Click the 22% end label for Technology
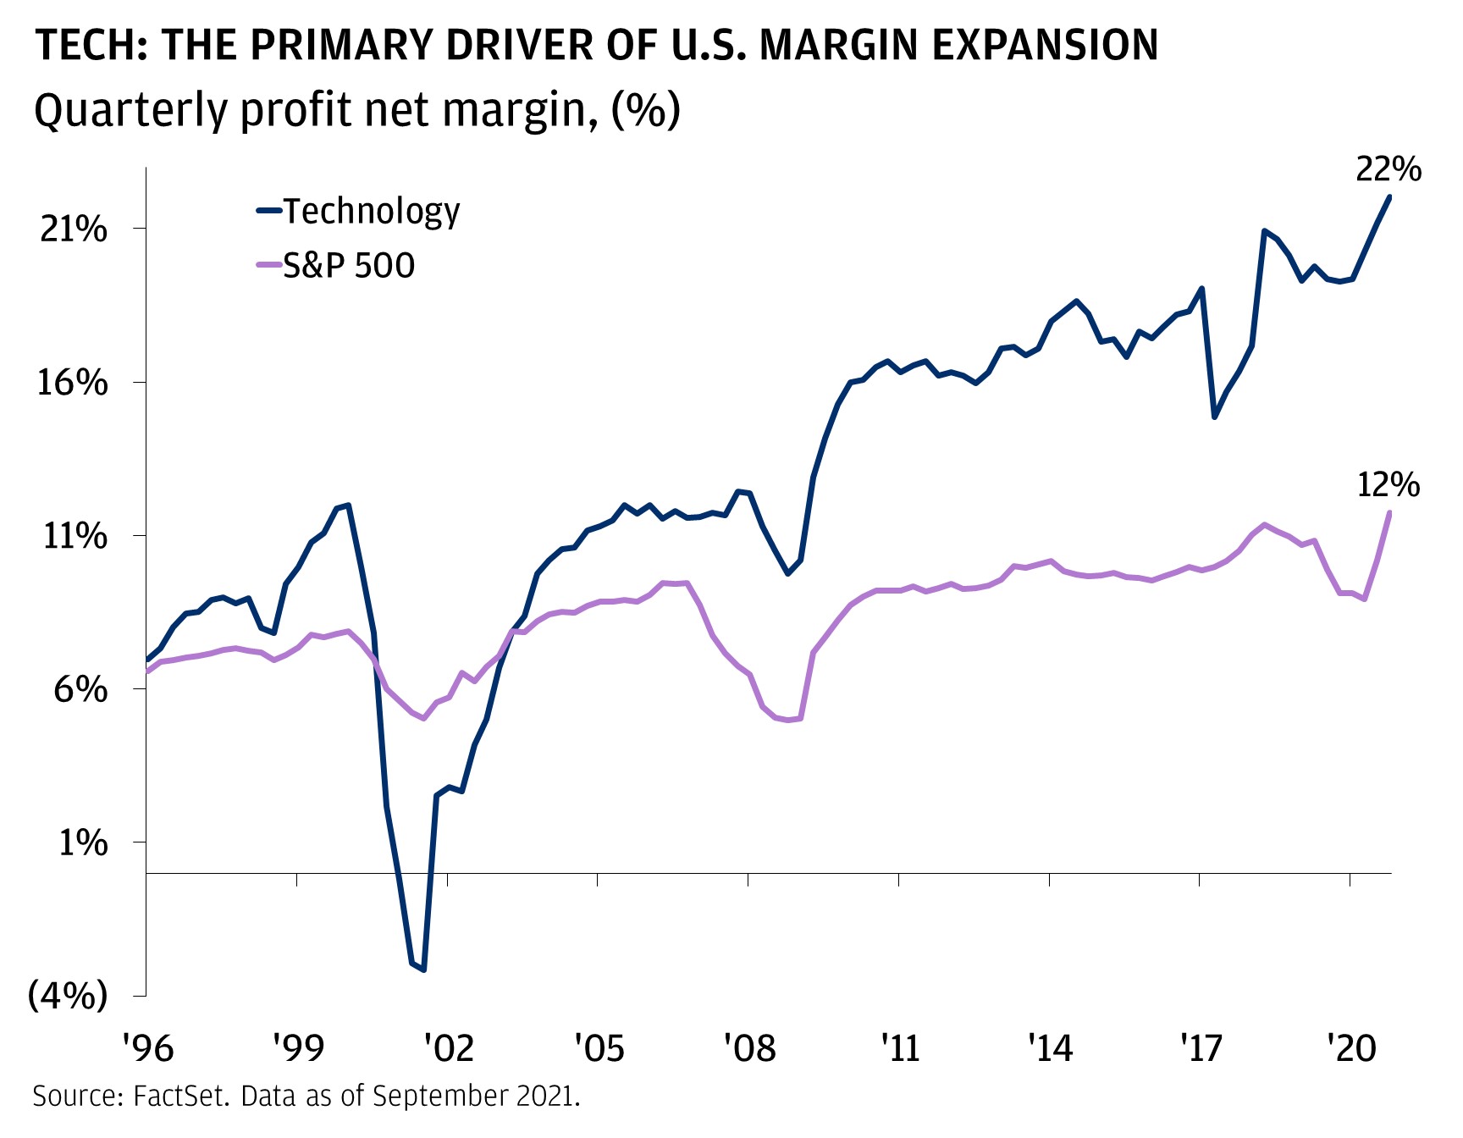[1388, 170]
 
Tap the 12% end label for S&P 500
[1388, 485]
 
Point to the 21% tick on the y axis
[74, 229]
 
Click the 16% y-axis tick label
[74, 383]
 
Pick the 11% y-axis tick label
[75, 536]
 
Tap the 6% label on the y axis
[80, 689]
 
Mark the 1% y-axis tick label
[82, 842]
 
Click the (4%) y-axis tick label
[68, 997]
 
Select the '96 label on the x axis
[147, 1048]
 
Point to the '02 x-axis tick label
[448, 1048]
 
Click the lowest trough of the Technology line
[423, 970]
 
